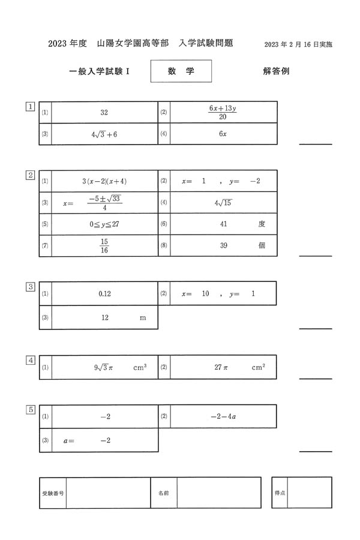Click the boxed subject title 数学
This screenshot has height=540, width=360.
click(181, 71)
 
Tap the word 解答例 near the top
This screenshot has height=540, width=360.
click(276, 71)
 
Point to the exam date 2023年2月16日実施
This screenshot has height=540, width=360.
click(298, 44)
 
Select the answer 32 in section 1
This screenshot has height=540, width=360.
click(104, 113)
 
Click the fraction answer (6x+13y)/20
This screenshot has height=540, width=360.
click(223, 112)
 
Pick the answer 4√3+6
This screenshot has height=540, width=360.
click(104, 134)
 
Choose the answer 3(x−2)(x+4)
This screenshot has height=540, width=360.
click(104, 181)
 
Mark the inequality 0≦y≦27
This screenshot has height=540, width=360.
click(104, 224)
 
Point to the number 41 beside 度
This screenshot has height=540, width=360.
click(223, 224)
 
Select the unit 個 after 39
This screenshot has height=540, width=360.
click(262, 245)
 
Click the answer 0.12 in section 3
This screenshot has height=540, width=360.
click(105, 294)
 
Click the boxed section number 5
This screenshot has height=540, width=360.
click(30, 409)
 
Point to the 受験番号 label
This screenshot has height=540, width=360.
click(53, 493)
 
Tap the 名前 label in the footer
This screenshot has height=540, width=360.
click(163, 493)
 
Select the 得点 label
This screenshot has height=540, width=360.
click(280, 493)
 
